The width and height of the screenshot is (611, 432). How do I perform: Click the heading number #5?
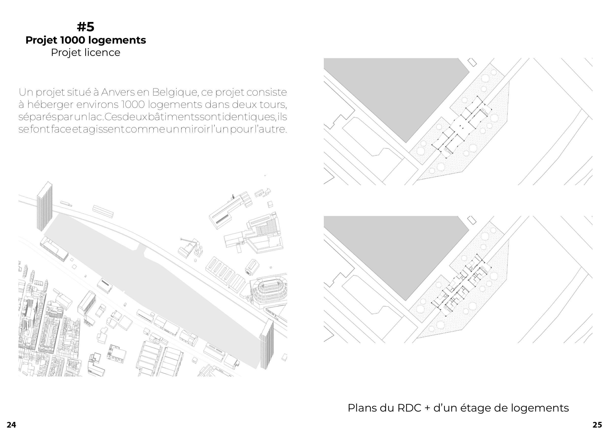[85, 27]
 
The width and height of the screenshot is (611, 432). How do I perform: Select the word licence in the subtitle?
[102, 52]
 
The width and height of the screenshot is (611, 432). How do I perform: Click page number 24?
[11, 425]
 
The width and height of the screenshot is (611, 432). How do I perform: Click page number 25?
[597, 425]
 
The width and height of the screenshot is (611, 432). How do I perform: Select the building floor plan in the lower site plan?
[462, 285]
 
